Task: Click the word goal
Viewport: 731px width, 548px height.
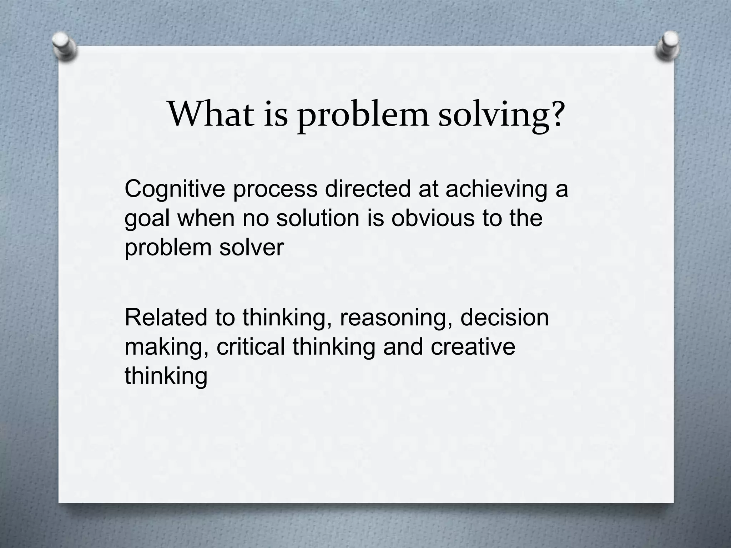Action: click(x=147, y=219)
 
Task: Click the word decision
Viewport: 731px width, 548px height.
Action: click(x=504, y=318)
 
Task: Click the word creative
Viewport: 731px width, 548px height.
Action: click(x=473, y=347)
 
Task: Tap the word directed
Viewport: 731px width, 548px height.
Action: click(x=367, y=189)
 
